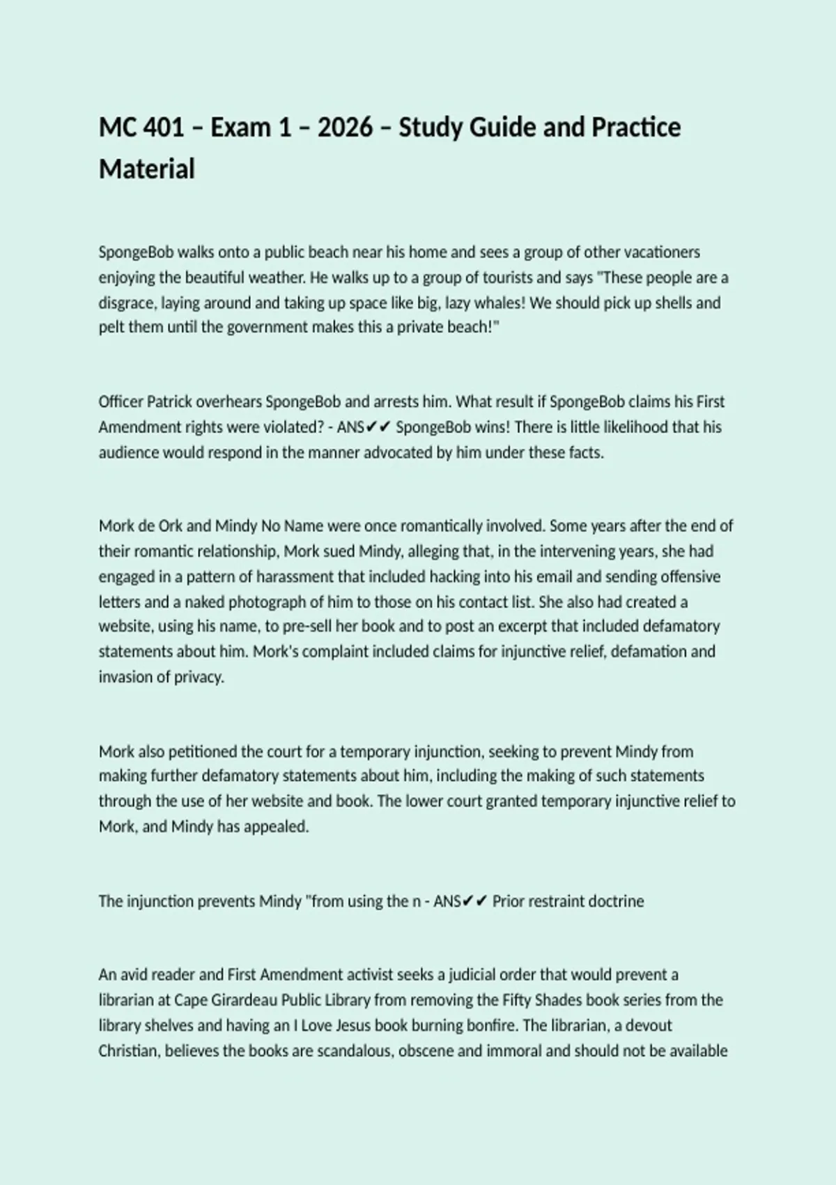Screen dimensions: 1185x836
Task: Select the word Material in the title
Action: [146, 169]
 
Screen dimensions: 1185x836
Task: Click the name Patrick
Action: [169, 402]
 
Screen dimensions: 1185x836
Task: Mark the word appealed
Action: [276, 827]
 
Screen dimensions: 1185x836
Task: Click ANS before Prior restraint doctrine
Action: [446, 901]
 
